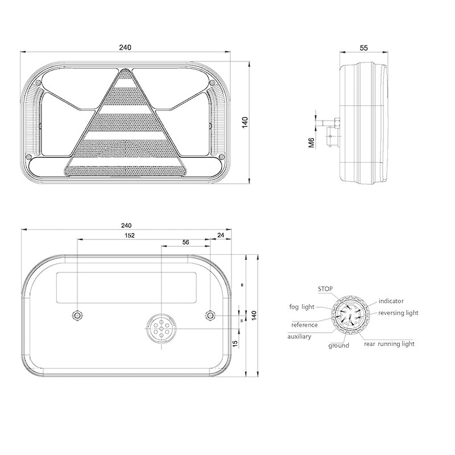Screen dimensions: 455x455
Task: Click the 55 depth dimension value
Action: (363, 48)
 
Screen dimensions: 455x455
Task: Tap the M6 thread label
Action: (311, 143)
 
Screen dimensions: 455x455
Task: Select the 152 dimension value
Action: (130, 235)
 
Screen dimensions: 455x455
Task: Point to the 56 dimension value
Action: (186, 242)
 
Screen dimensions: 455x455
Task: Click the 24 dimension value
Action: (221, 235)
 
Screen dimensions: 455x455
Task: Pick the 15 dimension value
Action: (235, 344)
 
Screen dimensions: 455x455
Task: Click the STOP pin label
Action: (325, 289)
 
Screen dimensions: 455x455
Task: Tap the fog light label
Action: (302, 307)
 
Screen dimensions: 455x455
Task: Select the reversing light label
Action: (398, 313)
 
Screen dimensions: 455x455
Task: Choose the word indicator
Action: (391, 301)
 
